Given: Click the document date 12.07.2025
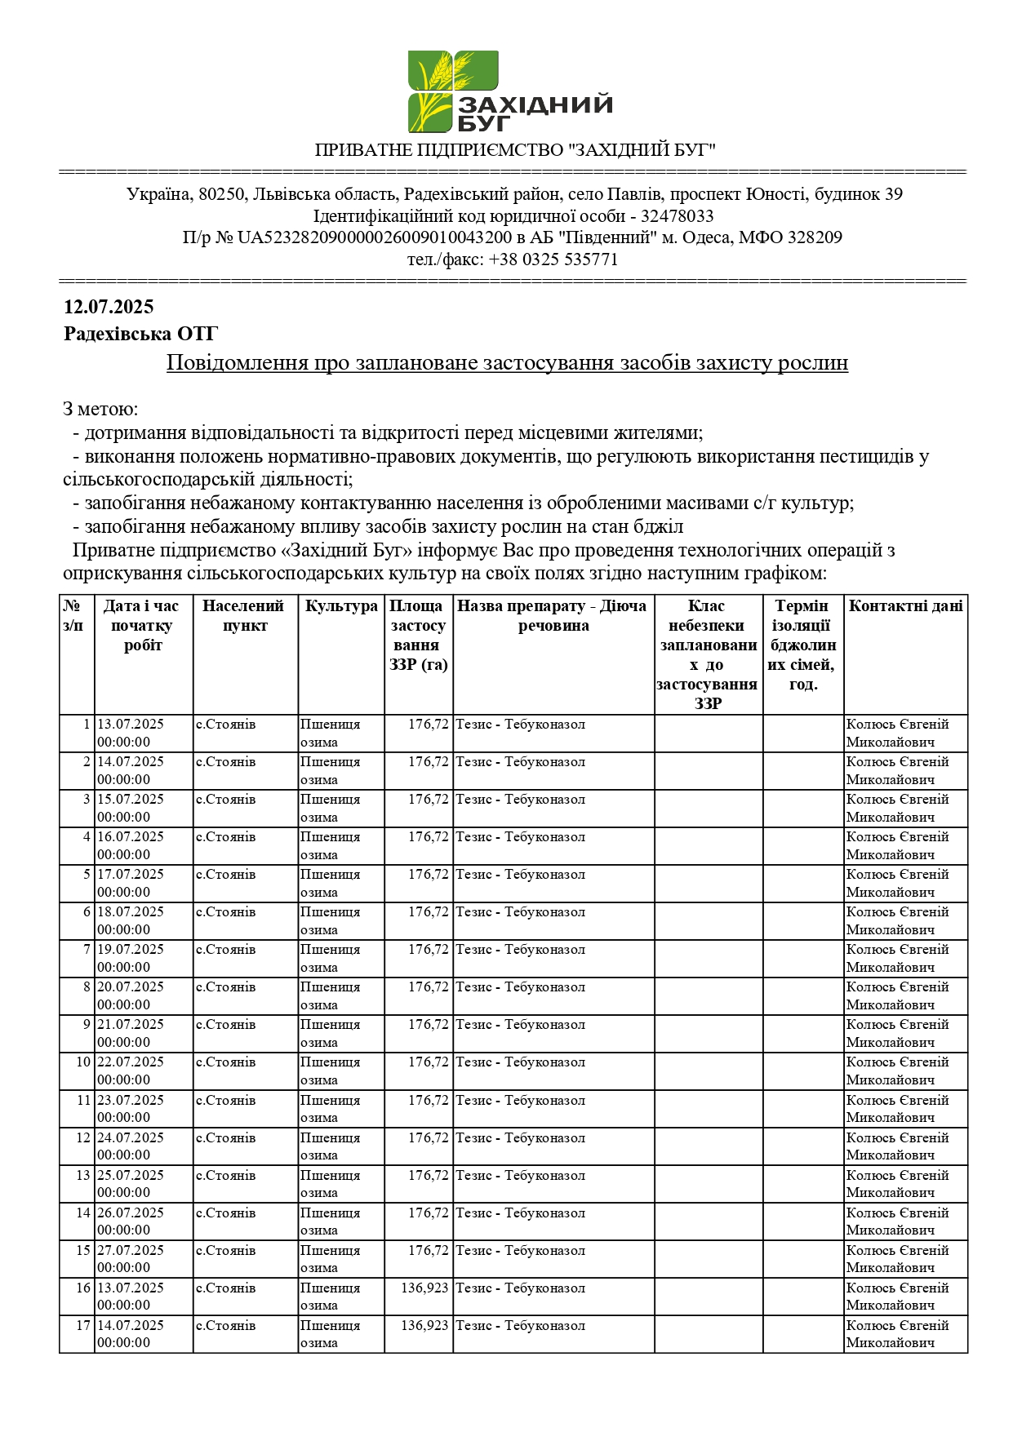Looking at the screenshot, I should pos(109,307).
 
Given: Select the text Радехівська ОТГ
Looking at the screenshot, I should pos(140,334).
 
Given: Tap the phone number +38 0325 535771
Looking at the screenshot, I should pos(552,259).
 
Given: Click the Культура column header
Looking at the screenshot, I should pos(341,606).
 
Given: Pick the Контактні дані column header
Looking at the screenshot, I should pos(905,606).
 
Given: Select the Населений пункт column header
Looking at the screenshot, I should pos(244,616).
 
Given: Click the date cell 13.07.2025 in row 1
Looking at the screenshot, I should pos(131,725).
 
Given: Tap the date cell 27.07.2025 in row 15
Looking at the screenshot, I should pos(131,1251).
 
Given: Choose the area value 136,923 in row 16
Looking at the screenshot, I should pos(424,1288).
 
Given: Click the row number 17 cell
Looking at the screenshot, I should pos(83,1326).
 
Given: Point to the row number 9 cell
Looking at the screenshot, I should pos(86,1025).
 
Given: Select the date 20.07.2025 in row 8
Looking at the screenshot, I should pos(131,987).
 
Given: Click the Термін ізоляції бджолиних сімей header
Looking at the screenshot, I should pos(802,645).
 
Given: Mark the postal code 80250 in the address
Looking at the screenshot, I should pos(221,194).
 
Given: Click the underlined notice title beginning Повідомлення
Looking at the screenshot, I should pos(507,362).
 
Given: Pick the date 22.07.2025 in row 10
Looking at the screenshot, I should pos(131,1062).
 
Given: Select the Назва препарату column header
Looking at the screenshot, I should pos(553,616).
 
